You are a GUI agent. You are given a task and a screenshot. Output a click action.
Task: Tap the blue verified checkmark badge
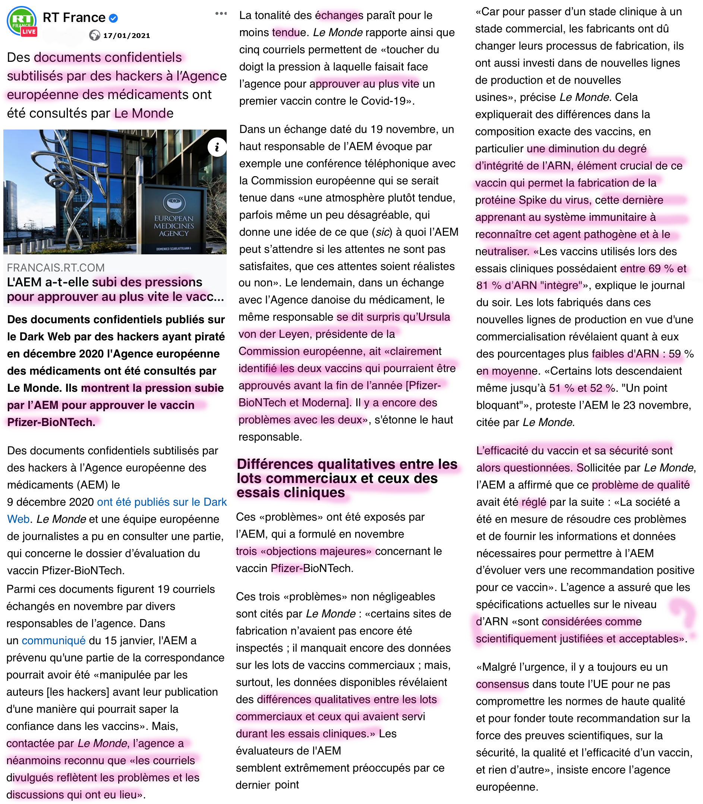tap(113, 18)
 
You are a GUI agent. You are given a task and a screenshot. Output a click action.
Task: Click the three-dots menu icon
tap(221, 14)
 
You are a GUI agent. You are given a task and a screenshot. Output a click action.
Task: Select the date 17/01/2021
tap(126, 36)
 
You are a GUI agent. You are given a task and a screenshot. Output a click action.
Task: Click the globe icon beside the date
tap(95, 36)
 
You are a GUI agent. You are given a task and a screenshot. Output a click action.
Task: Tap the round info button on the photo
tap(217, 147)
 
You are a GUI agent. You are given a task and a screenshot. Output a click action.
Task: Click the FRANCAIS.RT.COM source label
tap(56, 268)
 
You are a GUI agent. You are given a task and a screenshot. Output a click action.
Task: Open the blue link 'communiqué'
tap(54, 641)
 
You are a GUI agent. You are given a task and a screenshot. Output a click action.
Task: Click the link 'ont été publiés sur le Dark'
tap(162, 502)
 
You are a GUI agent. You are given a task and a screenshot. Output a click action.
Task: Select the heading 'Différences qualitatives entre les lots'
tap(347, 464)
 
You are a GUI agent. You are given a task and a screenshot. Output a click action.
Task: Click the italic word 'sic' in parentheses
tap(382, 232)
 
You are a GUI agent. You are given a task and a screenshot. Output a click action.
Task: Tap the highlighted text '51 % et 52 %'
tap(582, 388)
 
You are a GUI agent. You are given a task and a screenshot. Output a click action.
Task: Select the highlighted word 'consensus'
tap(502, 684)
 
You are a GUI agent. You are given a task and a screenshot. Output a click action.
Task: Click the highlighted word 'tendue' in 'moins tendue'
tap(289, 32)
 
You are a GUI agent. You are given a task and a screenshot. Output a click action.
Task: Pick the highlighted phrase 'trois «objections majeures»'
tap(304, 551)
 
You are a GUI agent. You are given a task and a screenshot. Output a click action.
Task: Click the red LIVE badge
tap(29, 32)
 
